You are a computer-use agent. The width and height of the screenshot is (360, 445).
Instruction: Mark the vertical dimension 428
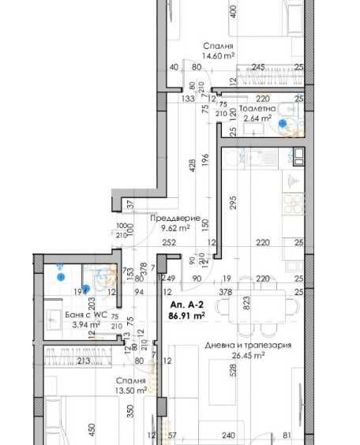190,166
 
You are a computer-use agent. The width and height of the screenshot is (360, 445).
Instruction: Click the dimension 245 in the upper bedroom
258,68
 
